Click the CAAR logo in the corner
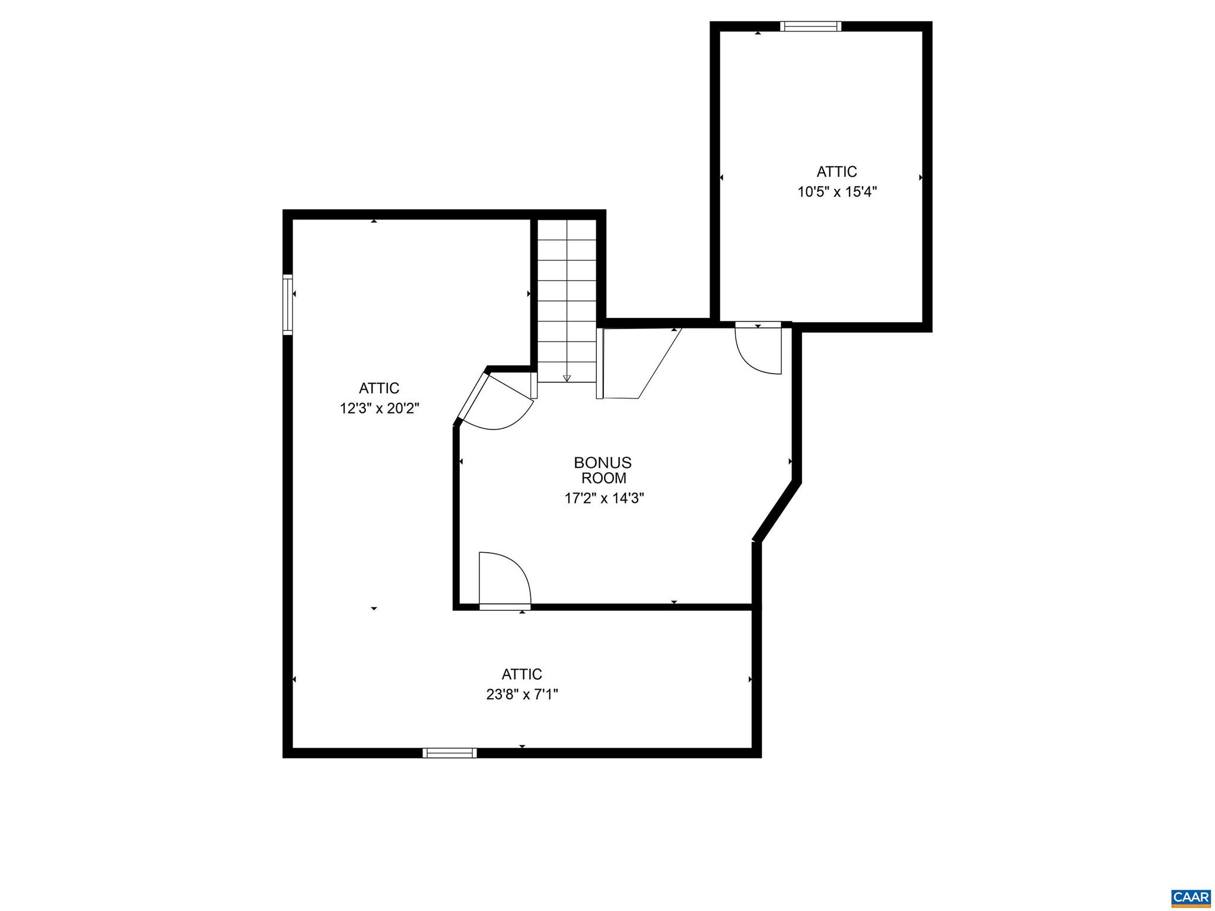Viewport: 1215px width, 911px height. coord(1190,896)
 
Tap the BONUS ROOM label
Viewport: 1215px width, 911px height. coord(603,470)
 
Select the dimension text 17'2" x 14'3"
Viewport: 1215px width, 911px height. coord(604,498)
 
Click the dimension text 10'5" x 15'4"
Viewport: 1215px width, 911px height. coord(836,192)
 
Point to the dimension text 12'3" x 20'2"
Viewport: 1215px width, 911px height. coord(380,409)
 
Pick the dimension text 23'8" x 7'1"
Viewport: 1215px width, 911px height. coord(522,695)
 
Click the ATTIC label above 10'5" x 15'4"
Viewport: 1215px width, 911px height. coord(836,172)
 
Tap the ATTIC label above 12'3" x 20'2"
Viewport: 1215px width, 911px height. coord(379,388)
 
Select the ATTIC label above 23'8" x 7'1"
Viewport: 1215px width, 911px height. coord(522,674)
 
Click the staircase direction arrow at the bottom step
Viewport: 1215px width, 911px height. coord(567,377)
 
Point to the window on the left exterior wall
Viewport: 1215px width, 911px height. coord(288,304)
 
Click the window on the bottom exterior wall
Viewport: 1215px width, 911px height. coord(449,753)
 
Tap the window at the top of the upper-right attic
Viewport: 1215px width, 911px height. coord(810,26)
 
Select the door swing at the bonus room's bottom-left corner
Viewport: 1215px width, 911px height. coord(502,578)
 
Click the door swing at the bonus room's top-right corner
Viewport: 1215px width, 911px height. coord(759,350)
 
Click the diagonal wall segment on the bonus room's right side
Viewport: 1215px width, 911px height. coord(777,511)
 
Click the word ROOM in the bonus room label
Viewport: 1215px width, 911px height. coord(603,478)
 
